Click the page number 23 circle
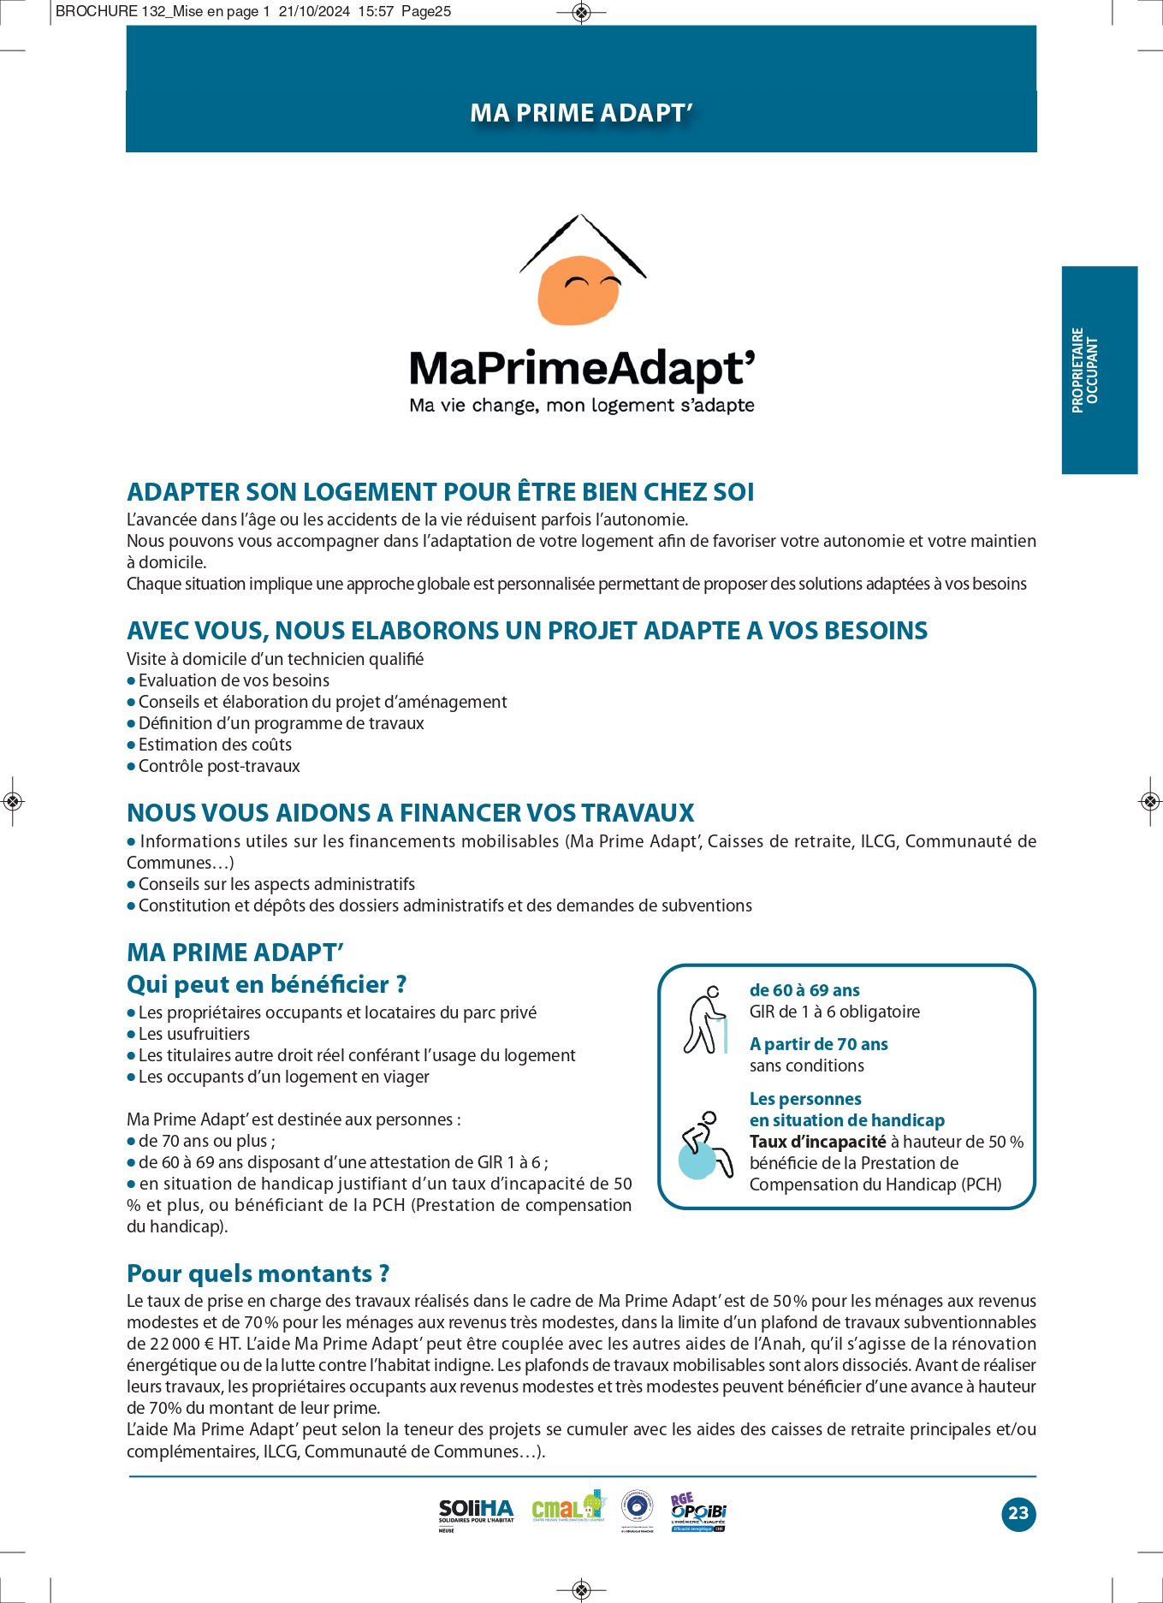pyautogui.click(x=1018, y=1513)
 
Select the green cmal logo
pyautogui.click(x=567, y=1507)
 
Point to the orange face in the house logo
pyautogui.click(x=579, y=290)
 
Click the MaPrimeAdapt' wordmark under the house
pyautogui.click(x=582, y=368)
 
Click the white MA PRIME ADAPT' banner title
pyautogui.click(x=581, y=113)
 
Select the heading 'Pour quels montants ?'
pyautogui.click(x=258, y=1273)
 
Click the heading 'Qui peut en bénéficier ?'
pyautogui.click(x=266, y=984)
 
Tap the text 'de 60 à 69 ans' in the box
pyautogui.click(x=804, y=990)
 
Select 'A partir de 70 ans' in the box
pyautogui.click(x=818, y=1044)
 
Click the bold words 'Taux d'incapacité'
pyautogui.click(x=817, y=1142)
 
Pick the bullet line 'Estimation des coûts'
pyautogui.click(x=215, y=745)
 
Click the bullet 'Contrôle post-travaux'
pyautogui.click(x=219, y=766)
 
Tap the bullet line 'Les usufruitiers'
pyautogui.click(x=194, y=1034)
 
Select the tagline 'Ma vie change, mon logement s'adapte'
pyautogui.click(x=582, y=406)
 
